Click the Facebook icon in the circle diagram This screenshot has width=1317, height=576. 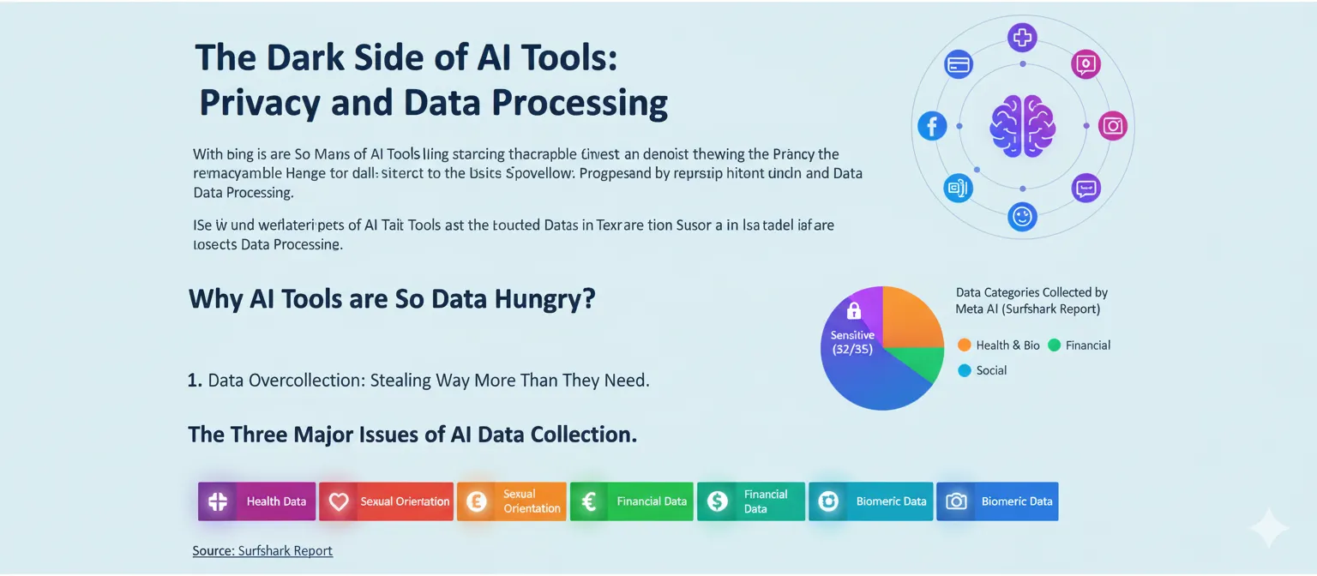point(932,126)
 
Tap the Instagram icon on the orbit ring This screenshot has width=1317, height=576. point(1112,126)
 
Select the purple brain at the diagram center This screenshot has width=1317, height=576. point(1022,126)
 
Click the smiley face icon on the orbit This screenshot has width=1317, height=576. point(1022,216)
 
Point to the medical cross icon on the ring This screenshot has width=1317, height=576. point(1022,37)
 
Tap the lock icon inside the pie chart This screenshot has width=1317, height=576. point(853,311)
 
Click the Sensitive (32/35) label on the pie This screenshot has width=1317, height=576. point(852,343)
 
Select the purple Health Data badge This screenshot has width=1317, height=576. point(257,501)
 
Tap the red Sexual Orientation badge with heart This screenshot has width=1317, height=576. point(386,501)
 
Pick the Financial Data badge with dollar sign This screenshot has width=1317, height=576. point(751,501)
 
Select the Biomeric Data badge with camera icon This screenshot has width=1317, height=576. point(997,501)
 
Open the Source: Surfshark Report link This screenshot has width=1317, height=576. point(262,550)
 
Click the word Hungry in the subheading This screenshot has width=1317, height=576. point(544,299)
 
